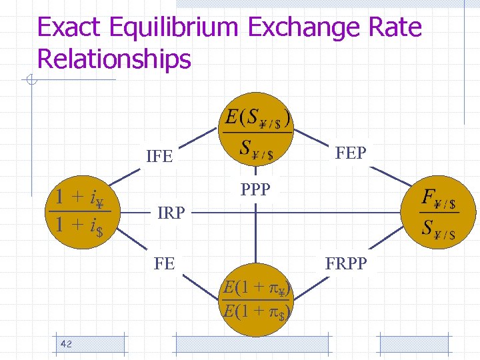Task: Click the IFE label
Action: point(159,157)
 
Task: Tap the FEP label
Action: point(351,153)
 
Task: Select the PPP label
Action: point(255,190)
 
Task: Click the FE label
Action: point(164,263)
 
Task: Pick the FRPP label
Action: point(346,263)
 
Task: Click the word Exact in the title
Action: point(69,28)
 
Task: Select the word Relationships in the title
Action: point(114,59)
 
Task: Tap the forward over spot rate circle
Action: point(437,212)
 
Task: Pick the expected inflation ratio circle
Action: point(257,299)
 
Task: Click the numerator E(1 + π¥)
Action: point(258,289)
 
